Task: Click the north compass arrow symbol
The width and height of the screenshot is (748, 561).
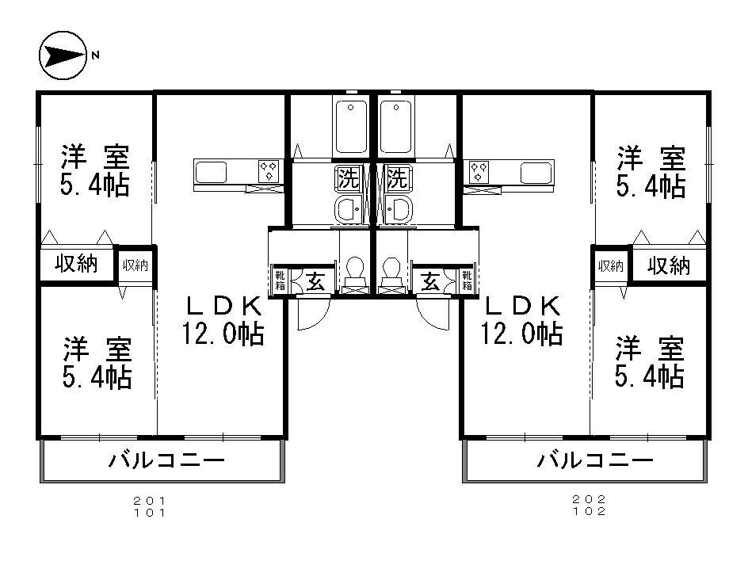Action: click(x=62, y=55)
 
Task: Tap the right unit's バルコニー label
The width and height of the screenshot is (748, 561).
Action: click(x=594, y=460)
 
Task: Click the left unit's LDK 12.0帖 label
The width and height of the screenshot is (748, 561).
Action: click(x=223, y=319)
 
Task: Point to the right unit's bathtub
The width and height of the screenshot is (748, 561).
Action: click(x=396, y=127)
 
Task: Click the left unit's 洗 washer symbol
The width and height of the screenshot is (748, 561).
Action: click(x=347, y=176)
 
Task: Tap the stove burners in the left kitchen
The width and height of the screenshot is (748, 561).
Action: click(x=268, y=169)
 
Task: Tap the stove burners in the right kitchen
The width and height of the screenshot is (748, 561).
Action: click(x=479, y=169)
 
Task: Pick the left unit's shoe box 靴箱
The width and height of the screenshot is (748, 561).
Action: click(x=280, y=281)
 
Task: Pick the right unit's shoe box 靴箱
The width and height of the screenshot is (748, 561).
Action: click(x=467, y=281)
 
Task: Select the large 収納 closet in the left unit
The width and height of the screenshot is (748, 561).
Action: click(x=76, y=265)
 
